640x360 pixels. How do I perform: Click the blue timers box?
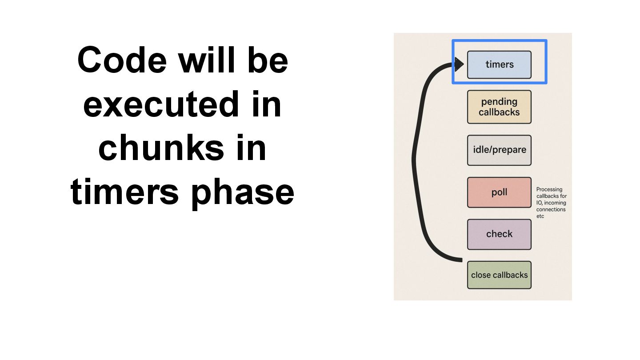[x=499, y=65]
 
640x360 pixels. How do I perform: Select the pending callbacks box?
[x=499, y=107]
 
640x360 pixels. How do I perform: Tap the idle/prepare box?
[x=499, y=150]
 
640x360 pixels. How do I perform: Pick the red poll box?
[x=499, y=192]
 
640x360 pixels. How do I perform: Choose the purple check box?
[x=499, y=234]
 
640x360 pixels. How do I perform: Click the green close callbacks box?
[x=499, y=275]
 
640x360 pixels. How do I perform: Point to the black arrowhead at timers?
[x=459, y=65]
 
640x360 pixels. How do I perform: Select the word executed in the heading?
[x=158, y=104]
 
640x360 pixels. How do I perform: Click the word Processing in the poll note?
[x=549, y=189]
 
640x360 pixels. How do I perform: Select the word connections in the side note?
[x=551, y=209]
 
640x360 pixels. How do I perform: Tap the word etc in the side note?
[x=540, y=216]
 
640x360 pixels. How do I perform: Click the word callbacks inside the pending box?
[x=499, y=112]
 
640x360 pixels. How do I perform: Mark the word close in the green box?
[x=480, y=275]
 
